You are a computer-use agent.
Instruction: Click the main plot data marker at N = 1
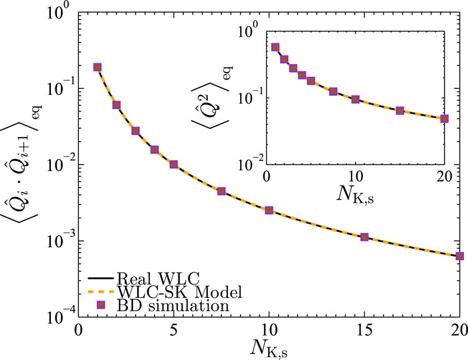(98, 67)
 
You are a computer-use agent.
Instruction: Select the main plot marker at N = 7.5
(221, 191)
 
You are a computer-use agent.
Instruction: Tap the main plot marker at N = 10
(269, 210)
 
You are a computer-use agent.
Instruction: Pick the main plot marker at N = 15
(364, 236)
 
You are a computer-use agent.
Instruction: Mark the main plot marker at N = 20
(459, 256)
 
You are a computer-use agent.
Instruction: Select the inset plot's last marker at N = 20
(444, 119)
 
